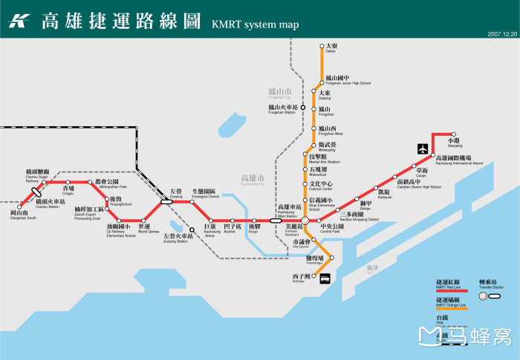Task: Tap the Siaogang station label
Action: tap(454, 141)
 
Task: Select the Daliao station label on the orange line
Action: tap(331, 48)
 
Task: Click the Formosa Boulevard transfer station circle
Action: tap(305, 220)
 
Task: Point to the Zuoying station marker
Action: tap(166, 201)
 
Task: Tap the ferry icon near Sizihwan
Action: tap(325, 279)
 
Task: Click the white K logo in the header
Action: tap(19, 22)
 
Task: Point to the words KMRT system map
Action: tap(255, 24)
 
